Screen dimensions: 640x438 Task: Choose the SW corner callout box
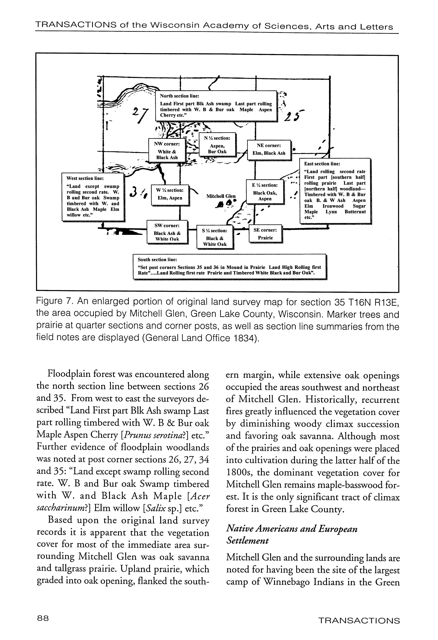click(x=167, y=232)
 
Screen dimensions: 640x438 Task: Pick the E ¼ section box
click(x=265, y=191)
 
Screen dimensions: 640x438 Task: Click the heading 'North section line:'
click(x=180, y=96)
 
